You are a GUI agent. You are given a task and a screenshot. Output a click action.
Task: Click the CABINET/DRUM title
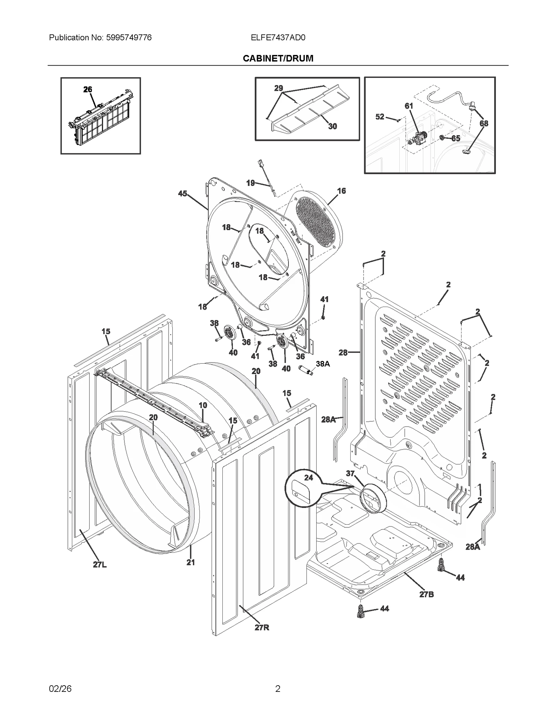[278, 58]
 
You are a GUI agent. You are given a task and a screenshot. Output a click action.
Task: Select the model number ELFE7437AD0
[278, 38]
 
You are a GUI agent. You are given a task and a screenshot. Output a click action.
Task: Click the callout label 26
[88, 89]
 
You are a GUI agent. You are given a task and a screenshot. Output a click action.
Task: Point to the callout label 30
[333, 127]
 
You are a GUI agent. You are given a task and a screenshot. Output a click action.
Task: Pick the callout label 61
[409, 106]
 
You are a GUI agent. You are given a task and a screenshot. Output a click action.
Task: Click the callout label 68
[484, 123]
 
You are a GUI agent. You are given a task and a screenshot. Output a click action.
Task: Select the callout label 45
[182, 194]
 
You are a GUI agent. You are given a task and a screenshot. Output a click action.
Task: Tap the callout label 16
[341, 191]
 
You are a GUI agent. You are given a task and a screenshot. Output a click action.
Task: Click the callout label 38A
[322, 364]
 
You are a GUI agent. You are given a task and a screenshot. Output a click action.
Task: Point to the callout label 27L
[100, 565]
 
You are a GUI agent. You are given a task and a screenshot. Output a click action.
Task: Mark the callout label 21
[190, 562]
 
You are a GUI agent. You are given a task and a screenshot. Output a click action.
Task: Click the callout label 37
[350, 473]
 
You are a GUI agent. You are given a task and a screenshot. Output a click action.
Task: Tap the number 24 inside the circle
[309, 478]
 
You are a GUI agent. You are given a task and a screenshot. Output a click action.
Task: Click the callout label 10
[203, 405]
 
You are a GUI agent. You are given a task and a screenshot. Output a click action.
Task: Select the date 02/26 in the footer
[60, 689]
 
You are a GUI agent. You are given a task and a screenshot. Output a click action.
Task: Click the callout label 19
[251, 183]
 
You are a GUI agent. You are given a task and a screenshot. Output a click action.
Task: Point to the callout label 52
[380, 117]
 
